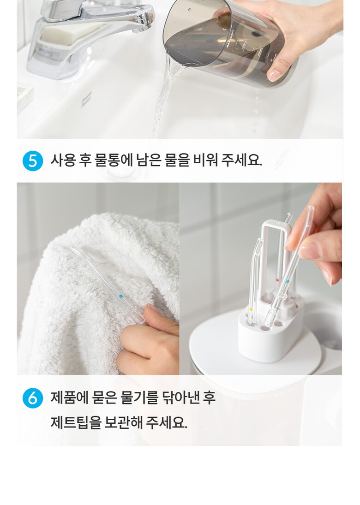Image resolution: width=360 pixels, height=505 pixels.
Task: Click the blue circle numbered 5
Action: [33, 160]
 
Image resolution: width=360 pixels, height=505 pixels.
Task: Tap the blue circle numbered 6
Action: [33, 398]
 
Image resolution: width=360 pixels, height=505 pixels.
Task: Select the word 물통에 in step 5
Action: [114, 160]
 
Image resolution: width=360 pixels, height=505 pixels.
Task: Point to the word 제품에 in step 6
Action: [69, 398]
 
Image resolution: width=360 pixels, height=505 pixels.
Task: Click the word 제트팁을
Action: [76, 422]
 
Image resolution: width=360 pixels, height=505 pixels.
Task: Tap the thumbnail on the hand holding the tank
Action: [274, 75]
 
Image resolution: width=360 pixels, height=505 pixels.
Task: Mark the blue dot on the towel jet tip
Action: [121, 296]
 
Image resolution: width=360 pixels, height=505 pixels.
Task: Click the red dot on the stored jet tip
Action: [277, 280]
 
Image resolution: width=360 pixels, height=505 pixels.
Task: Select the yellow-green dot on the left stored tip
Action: [251, 309]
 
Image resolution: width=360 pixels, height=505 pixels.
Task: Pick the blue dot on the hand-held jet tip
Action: [287, 281]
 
